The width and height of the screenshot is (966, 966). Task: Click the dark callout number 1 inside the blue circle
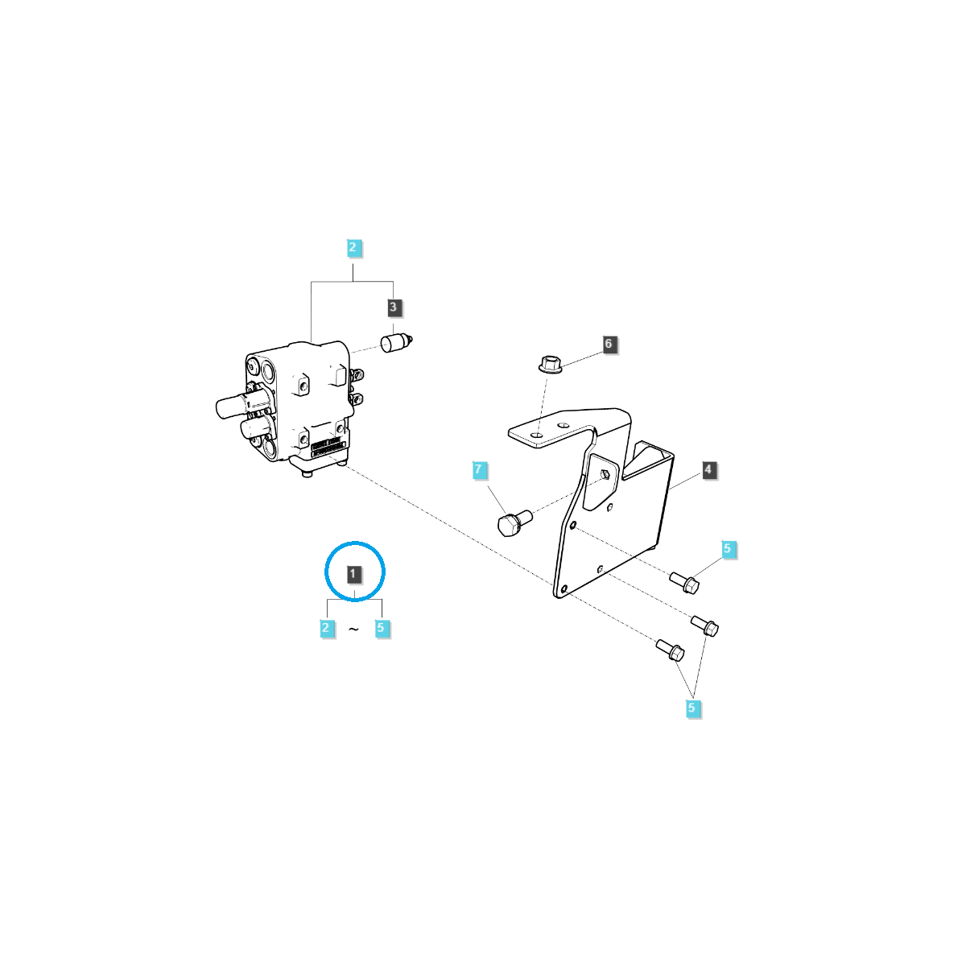click(x=354, y=574)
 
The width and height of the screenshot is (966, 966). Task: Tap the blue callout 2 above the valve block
click(x=353, y=247)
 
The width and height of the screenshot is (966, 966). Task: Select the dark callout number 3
click(x=393, y=307)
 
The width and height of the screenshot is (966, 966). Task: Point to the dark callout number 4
click(x=708, y=469)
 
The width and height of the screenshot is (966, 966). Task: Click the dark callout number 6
click(x=608, y=344)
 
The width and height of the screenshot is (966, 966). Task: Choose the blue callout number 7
click(x=478, y=469)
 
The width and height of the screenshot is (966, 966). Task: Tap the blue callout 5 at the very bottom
click(x=691, y=708)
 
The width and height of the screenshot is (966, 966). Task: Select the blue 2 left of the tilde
click(x=326, y=628)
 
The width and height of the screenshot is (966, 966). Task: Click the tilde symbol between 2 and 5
click(x=353, y=630)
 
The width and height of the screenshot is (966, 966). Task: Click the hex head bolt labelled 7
click(x=512, y=524)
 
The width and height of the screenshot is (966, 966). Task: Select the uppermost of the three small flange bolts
click(x=684, y=581)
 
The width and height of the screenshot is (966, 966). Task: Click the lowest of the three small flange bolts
click(x=670, y=649)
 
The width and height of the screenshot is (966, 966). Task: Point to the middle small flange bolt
click(x=706, y=625)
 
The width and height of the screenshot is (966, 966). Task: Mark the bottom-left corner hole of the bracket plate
click(x=564, y=588)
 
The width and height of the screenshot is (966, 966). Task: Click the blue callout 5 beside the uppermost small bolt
click(x=727, y=550)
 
